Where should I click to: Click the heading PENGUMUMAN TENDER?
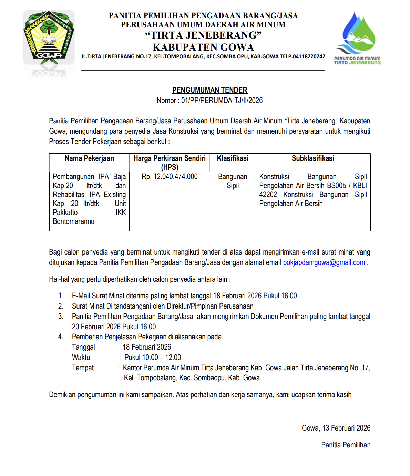209,90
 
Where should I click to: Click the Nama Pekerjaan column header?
89,158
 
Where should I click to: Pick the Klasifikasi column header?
233,158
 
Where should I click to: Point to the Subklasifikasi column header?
313,158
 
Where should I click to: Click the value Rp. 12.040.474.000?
170,177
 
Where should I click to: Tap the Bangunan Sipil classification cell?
233,181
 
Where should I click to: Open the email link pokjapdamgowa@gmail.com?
324,262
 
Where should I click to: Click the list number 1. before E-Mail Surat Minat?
61,296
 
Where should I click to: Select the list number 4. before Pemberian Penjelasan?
61,337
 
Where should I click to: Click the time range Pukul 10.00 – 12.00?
153,358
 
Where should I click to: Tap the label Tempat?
83,368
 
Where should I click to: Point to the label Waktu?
81,358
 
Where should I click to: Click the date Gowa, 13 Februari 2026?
336,428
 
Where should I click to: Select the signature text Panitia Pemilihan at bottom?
346,445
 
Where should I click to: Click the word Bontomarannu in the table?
73,221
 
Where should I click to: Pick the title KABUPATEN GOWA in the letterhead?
203,47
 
